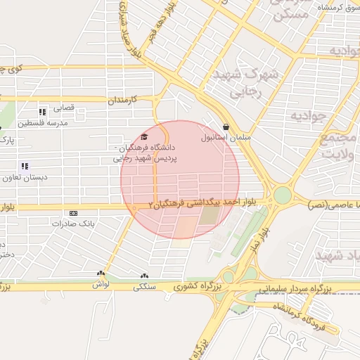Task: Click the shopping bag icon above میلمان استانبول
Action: click(225, 127)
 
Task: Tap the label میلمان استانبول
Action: click(224, 138)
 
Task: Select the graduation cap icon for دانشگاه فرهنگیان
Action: click(144, 137)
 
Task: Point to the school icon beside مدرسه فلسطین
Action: click(43, 111)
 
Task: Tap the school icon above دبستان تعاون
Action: click(25, 167)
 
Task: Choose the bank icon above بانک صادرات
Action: click(73, 213)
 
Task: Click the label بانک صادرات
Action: click(73, 223)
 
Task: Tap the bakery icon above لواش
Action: click(101, 274)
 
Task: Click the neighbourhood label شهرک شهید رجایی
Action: click(256, 81)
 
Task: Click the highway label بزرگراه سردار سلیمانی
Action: click(295, 288)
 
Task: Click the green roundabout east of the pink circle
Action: click(283, 195)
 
